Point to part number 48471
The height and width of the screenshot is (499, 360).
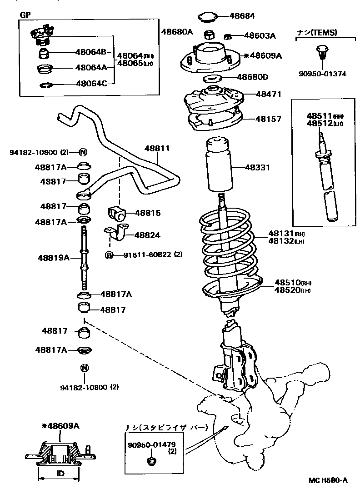268,94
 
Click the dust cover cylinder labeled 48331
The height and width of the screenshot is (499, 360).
220,167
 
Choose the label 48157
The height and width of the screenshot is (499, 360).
268,119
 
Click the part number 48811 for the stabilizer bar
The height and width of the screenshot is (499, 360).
157,148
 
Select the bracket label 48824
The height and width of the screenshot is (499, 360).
147,235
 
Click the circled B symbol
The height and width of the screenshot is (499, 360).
109,255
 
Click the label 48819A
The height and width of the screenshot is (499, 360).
53,258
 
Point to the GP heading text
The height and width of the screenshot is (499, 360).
25,14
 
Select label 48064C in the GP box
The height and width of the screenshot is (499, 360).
91,83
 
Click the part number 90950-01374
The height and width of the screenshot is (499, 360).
322,74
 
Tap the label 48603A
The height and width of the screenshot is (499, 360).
260,35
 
